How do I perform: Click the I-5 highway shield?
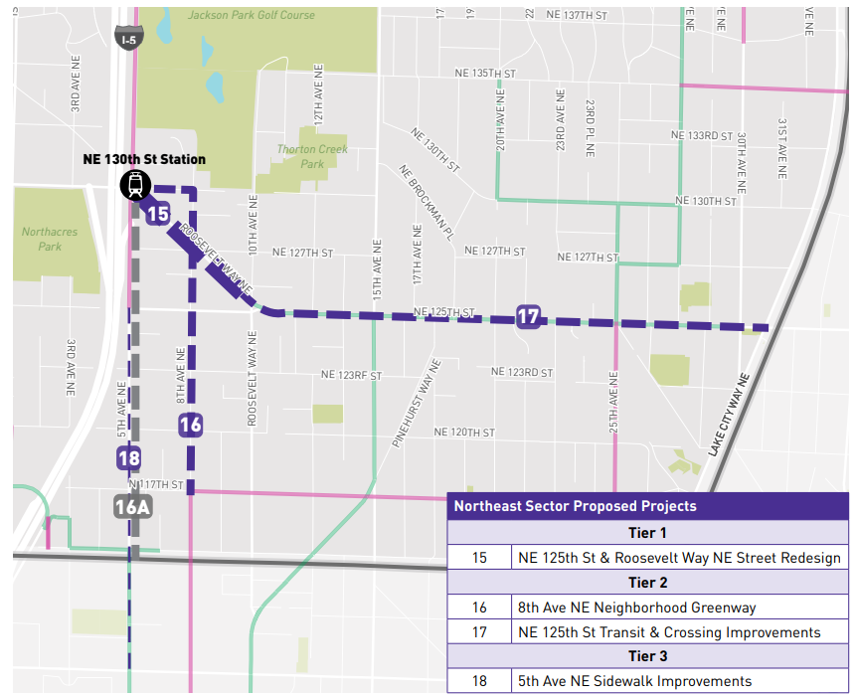(126, 38)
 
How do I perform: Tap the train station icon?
(134, 185)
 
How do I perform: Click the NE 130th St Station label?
(145, 159)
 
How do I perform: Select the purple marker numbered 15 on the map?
(157, 213)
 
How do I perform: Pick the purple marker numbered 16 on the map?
(190, 425)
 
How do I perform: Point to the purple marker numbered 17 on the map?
(529, 318)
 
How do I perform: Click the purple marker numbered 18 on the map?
(128, 458)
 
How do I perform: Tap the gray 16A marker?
(131, 506)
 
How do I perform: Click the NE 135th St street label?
(485, 75)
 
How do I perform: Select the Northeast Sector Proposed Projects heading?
(576, 505)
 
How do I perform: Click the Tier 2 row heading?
(647, 582)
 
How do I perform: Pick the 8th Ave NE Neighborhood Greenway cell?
(637, 607)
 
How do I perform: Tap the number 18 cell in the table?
(479, 681)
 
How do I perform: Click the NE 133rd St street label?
(702, 135)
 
